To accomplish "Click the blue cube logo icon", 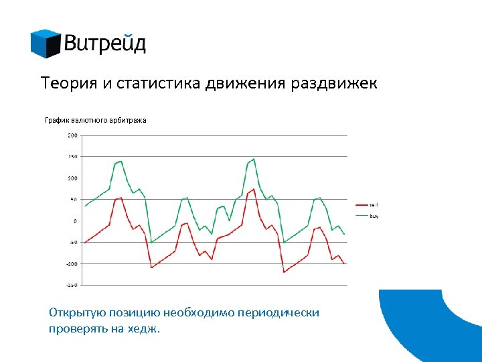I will (x=45, y=44).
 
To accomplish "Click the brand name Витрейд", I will (x=105, y=44).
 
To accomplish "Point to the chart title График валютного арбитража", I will (x=95, y=120).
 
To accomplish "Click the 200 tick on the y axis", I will (x=72, y=135).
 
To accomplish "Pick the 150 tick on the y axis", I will (x=72, y=157).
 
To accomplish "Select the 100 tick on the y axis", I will (x=72, y=178).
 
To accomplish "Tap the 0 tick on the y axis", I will (x=75, y=221).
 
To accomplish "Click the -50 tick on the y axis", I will (x=72, y=242).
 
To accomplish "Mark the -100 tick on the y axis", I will (x=71, y=263).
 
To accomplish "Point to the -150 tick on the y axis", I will (x=71, y=285).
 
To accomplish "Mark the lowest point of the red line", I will (x=284, y=271).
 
